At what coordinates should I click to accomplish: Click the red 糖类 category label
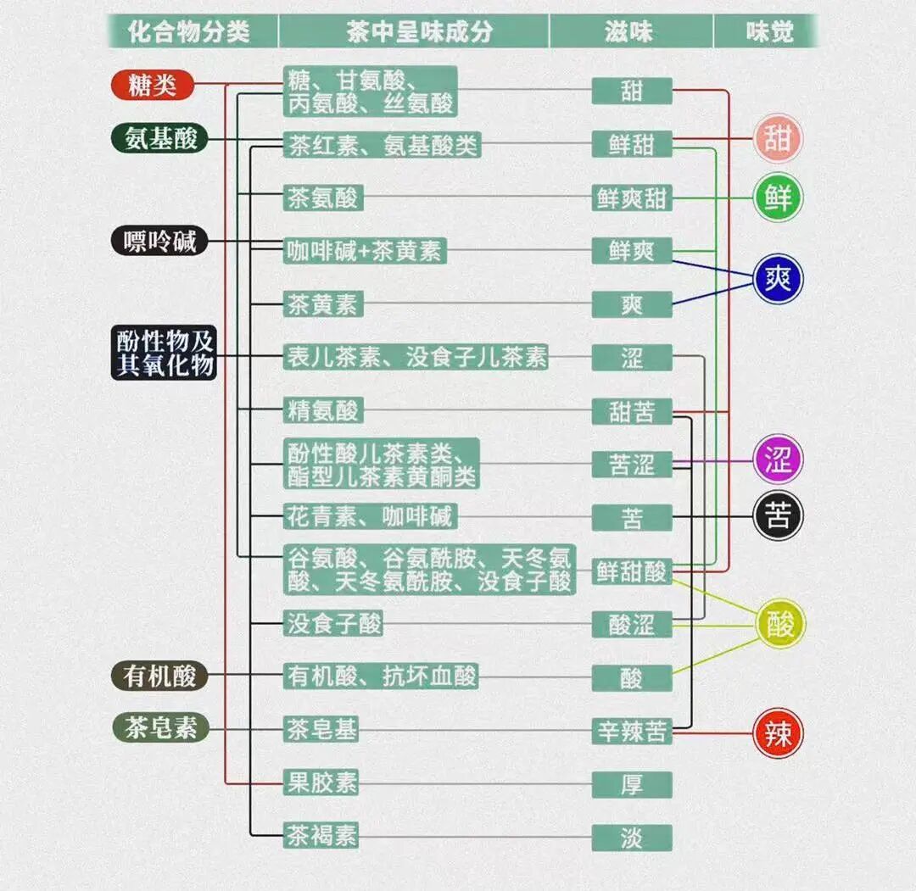(x=153, y=85)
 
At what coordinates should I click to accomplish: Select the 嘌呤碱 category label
(x=159, y=242)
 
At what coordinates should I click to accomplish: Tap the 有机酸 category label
(x=159, y=676)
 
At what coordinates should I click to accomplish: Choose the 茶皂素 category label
(x=160, y=728)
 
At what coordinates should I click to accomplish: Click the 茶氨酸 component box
(x=323, y=198)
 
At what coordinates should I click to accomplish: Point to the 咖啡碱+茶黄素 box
(x=365, y=251)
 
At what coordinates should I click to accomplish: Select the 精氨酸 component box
(x=323, y=411)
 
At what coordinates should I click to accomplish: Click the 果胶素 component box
(x=321, y=782)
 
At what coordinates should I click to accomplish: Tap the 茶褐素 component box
(x=321, y=836)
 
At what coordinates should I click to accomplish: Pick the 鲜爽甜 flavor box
(x=632, y=198)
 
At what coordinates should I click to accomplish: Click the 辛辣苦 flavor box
(x=632, y=731)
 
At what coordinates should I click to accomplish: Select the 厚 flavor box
(x=632, y=783)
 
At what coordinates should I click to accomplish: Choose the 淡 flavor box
(x=632, y=837)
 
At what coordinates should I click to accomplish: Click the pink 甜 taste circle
(x=778, y=139)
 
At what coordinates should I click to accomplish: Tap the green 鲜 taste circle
(x=778, y=198)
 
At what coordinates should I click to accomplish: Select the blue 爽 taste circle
(x=778, y=279)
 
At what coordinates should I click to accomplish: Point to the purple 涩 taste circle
(x=778, y=459)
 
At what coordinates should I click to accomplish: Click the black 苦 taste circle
(x=778, y=516)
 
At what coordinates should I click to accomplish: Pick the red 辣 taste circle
(x=778, y=732)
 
